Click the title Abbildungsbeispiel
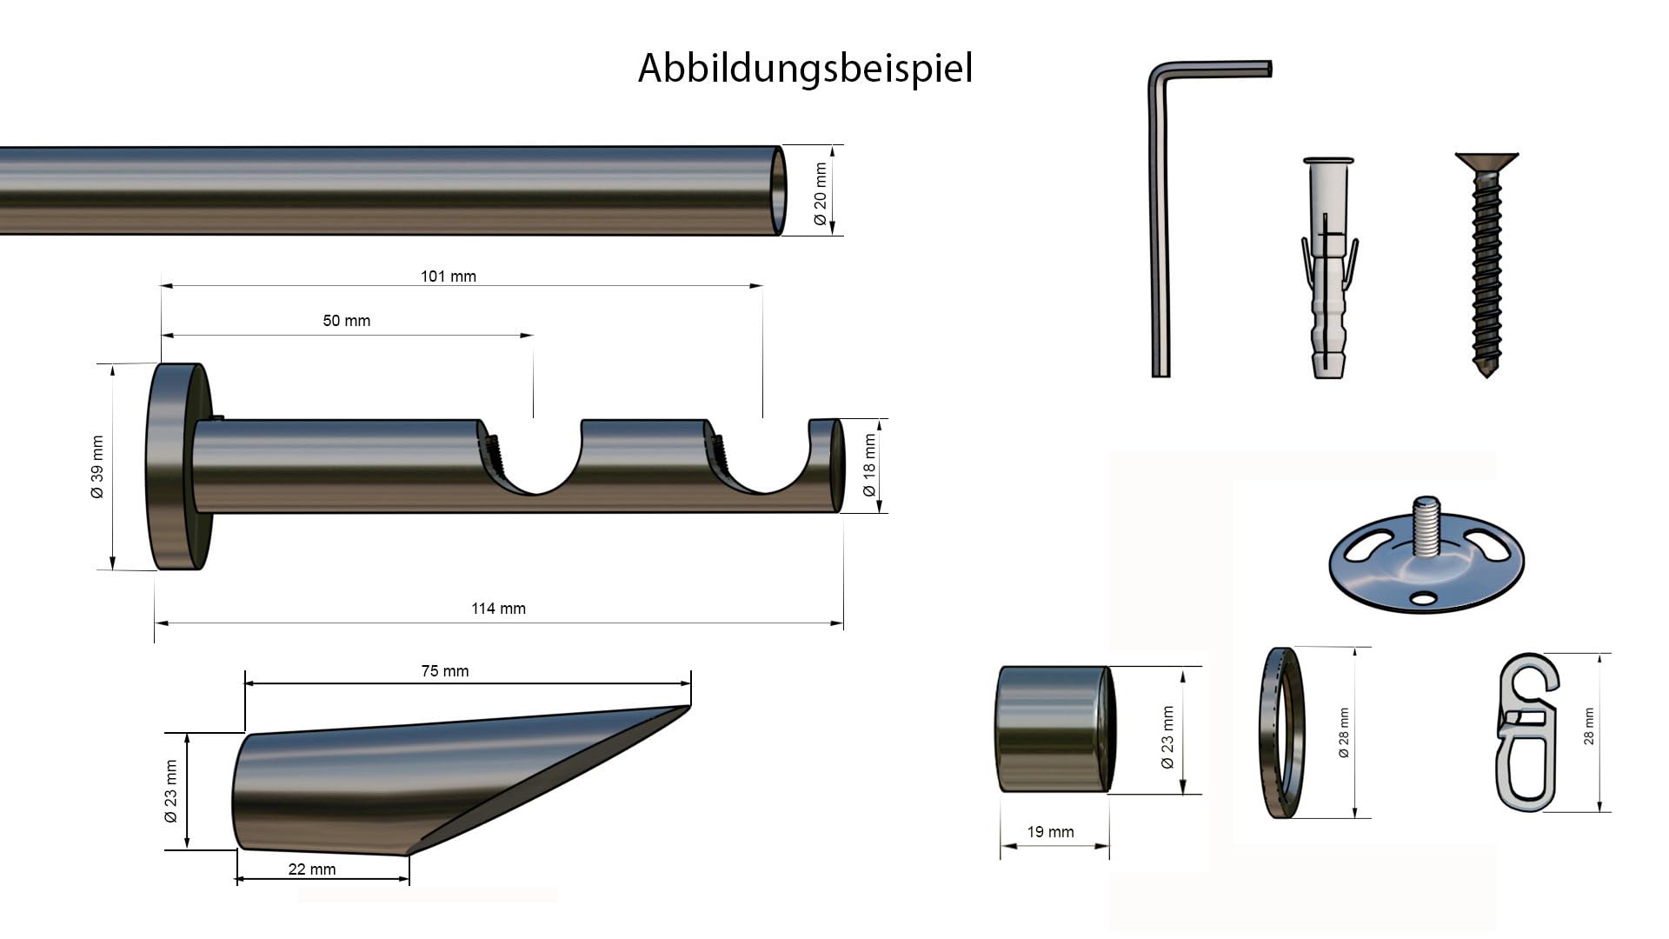tap(805, 69)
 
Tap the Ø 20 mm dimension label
tap(821, 195)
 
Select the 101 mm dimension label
tap(449, 276)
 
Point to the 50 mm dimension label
tap(347, 321)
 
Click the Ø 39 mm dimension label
tap(96, 467)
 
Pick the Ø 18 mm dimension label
tap(869, 466)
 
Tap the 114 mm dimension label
tap(499, 609)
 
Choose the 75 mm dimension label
tap(445, 671)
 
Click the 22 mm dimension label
tap(312, 869)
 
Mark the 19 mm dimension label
tap(1051, 832)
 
